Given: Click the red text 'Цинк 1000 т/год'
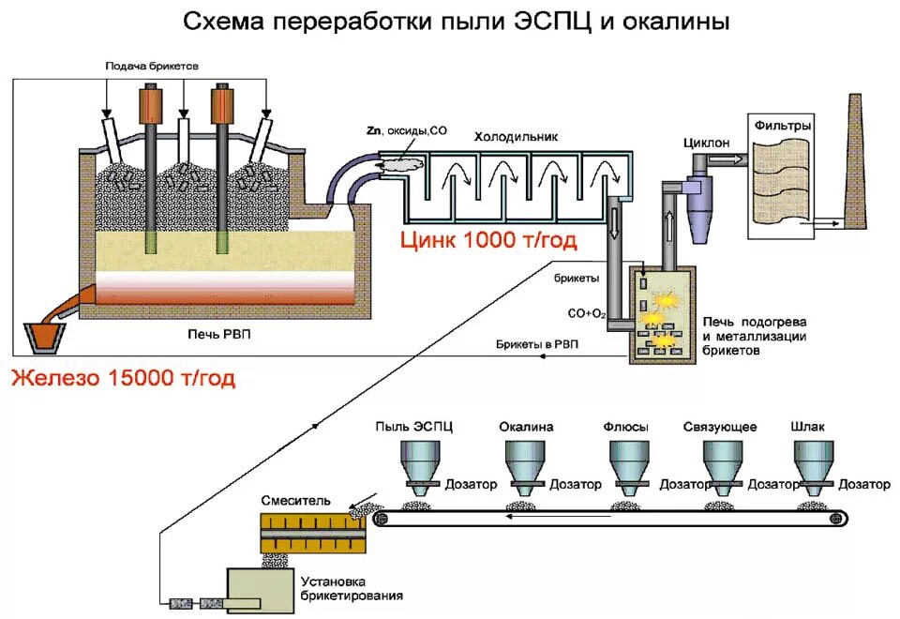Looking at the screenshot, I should click(488, 241).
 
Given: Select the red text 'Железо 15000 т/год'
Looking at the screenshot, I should click(123, 379).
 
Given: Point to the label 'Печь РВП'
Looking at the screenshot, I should click(218, 335).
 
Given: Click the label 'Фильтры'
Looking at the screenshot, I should click(779, 124).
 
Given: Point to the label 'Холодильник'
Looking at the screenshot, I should click(516, 137).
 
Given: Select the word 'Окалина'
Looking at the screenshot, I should click(526, 427).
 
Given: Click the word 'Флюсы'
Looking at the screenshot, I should click(626, 427).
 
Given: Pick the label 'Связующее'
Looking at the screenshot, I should click(722, 427).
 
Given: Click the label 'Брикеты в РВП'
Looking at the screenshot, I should click(537, 344).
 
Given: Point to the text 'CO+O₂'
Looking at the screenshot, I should click(586, 313).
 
